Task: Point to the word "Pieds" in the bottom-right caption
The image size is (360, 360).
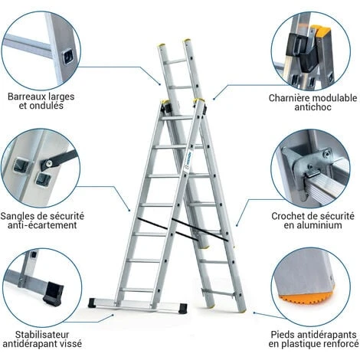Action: [284, 334]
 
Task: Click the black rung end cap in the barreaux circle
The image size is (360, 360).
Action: [69, 56]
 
